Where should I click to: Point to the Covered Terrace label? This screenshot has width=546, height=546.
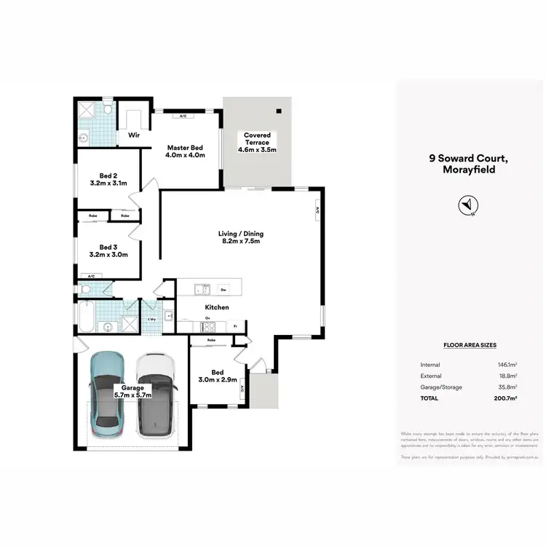258,135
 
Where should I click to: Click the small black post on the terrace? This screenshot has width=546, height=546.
277,111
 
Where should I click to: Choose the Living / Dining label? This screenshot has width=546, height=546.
240,234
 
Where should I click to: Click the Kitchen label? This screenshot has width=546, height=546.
217,307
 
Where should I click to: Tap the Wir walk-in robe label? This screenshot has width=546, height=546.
134,135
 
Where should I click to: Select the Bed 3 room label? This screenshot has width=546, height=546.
108,247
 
